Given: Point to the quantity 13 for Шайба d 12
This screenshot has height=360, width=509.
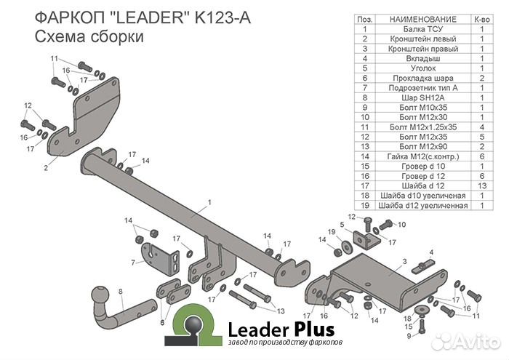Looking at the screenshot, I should click(x=481, y=186).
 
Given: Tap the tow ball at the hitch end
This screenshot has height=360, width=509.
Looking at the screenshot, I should click(x=99, y=296).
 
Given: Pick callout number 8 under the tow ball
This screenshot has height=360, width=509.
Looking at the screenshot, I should click(x=121, y=292).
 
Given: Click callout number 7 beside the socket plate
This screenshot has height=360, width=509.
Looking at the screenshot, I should click(x=133, y=262).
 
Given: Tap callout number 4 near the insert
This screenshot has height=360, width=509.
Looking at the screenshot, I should click(x=431, y=252).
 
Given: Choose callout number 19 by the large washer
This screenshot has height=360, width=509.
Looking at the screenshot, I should click(x=331, y=231).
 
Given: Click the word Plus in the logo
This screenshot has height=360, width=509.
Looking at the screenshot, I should click(x=315, y=328).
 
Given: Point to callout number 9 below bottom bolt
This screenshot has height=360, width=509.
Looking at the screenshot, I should click(x=409, y=336).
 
